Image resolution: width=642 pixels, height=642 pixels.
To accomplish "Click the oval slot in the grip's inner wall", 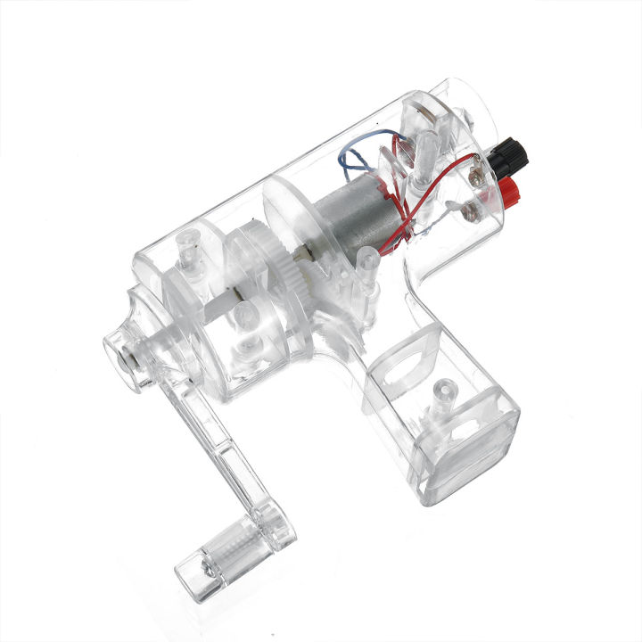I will point(411,371).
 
